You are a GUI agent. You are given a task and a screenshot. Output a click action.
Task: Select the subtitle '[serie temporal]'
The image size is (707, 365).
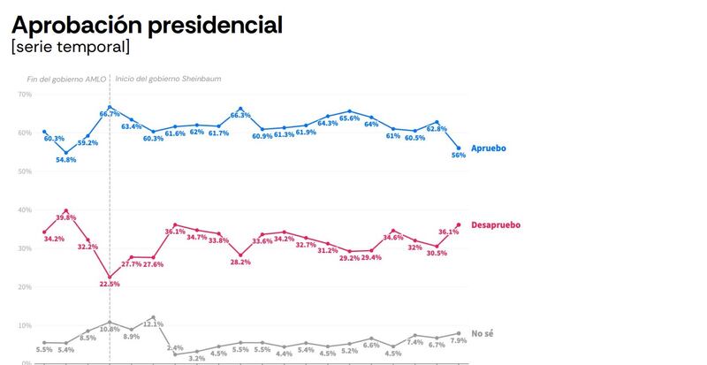[x=70, y=46]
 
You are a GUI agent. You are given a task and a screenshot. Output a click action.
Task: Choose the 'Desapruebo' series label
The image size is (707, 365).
[x=496, y=224]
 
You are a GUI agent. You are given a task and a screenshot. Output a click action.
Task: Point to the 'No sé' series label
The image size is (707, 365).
[x=483, y=333]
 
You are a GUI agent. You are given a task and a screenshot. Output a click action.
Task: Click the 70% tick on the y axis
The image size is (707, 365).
[x=24, y=94]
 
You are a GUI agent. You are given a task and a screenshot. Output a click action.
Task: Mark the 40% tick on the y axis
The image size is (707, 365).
[x=24, y=209]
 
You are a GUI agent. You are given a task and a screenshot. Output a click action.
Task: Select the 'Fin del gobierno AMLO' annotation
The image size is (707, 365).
[x=66, y=79]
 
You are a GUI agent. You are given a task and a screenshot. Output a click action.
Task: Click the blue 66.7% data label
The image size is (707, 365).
[x=110, y=114]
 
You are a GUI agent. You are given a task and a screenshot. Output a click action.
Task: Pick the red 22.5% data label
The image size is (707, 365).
[x=110, y=284]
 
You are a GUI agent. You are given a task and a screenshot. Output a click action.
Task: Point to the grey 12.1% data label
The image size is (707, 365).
[x=154, y=324]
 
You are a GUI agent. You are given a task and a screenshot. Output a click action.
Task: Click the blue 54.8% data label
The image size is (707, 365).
[x=66, y=160]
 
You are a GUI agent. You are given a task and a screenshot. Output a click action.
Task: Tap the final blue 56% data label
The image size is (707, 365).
[x=458, y=156]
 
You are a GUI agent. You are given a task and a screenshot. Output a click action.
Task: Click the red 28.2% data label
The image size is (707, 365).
[x=240, y=262]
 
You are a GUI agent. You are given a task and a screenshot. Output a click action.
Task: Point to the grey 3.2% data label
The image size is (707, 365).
[x=196, y=358]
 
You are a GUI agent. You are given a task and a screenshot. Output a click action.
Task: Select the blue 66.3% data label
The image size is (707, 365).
[x=240, y=116]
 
